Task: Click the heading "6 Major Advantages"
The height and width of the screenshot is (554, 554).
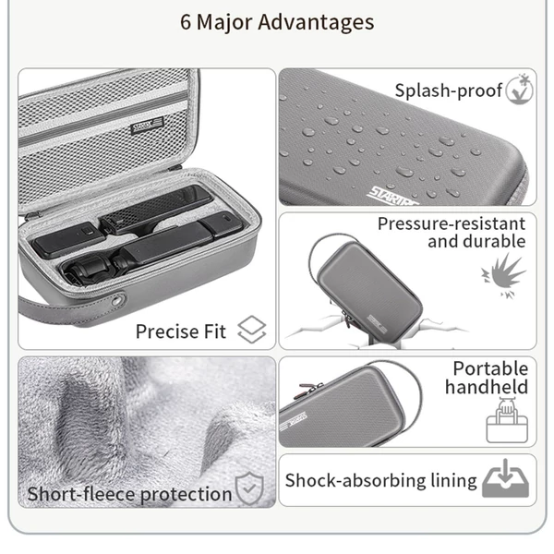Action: [277, 22]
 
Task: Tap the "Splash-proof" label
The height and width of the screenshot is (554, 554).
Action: [448, 90]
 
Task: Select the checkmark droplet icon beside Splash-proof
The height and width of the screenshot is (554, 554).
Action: [519, 90]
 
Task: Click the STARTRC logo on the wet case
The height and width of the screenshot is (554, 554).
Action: [392, 197]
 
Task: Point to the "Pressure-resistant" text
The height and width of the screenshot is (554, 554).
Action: [452, 223]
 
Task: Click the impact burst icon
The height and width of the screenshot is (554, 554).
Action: [504, 276]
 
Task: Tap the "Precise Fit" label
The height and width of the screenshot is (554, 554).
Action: [181, 331]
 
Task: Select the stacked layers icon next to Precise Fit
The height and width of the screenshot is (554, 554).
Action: [251, 330]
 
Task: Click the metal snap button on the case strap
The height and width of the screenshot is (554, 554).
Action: [116, 301]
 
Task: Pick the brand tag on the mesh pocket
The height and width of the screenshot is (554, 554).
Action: [147, 126]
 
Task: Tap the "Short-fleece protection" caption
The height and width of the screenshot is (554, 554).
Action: [129, 494]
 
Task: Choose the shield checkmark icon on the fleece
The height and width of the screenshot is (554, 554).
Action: [249, 488]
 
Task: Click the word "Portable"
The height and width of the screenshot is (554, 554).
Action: [491, 368]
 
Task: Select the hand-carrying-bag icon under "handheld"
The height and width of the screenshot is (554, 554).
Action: [507, 420]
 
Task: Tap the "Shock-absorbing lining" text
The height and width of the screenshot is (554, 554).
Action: [380, 481]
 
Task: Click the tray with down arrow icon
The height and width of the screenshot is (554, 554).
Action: [506, 478]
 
